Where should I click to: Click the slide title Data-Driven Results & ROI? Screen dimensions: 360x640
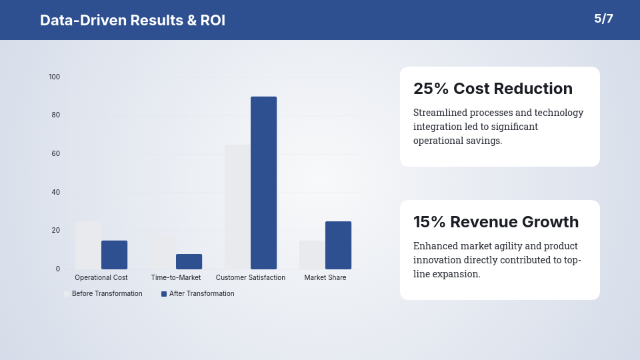pyautogui.click(x=133, y=20)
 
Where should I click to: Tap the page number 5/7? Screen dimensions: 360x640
pyautogui.click(x=603, y=19)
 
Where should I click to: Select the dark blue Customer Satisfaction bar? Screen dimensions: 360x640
pyautogui.click(x=263, y=183)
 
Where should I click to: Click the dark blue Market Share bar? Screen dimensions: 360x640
pyautogui.click(x=338, y=245)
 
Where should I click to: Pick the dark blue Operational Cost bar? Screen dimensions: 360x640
pyautogui.click(x=114, y=255)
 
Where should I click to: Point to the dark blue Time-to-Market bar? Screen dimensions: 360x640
pyautogui.click(x=189, y=261)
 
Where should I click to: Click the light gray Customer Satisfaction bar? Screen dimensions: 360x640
pyautogui.click(x=237, y=207)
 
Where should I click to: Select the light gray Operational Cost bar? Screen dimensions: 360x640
pyautogui.click(x=88, y=245)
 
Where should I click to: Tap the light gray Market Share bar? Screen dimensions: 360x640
pyautogui.click(x=312, y=255)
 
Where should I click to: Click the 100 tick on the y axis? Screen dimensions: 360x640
pyautogui.click(x=54, y=77)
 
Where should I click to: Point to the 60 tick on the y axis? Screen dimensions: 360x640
pyautogui.click(x=56, y=153)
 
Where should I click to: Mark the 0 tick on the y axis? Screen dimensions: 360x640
pyautogui.click(x=58, y=269)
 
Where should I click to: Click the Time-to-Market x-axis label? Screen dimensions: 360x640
pyautogui.click(x=176, y=277)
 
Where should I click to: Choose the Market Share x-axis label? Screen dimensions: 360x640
pyautogui.click(x=325, y=277)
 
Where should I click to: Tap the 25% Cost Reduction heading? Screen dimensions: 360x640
pyautogui.click(x=493, y=89)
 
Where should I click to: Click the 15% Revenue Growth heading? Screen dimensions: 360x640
pyautogui.click(x=496, y=222)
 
